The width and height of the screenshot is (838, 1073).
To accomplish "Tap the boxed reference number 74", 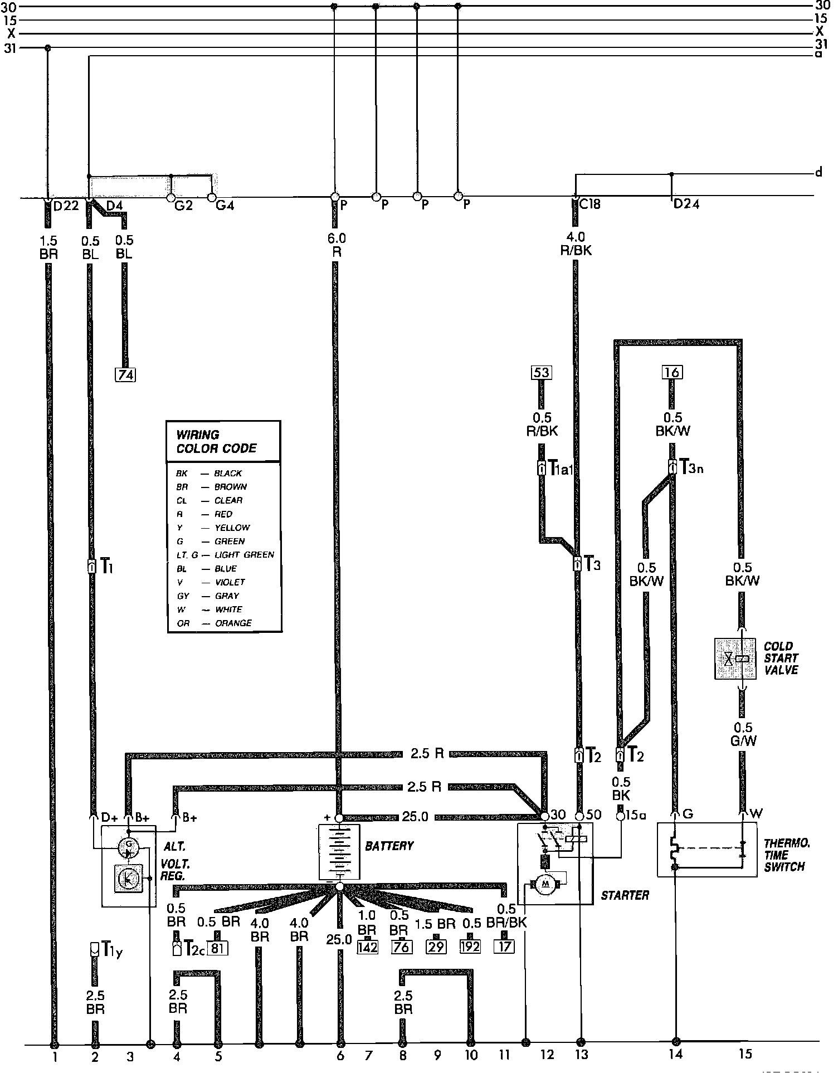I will [125, 375].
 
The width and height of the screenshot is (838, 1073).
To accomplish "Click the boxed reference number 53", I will [540, 372].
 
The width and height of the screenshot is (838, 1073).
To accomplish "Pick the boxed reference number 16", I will [673, 372].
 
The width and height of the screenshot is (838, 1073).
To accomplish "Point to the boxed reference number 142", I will [367, 947].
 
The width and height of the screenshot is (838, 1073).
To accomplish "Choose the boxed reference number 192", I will [470, 947].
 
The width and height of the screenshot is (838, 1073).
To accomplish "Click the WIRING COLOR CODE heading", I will [216, 441].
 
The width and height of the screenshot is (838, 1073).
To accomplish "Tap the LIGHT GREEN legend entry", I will [244, 555].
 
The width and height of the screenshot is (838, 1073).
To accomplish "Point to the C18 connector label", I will [589, 204].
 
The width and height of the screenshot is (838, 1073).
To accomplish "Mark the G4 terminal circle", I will [212, 197].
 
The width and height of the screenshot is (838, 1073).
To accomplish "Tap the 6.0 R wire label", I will [337, 245].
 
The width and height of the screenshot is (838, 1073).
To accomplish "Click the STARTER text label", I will [625, 895].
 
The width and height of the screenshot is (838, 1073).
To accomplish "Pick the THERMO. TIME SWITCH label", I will [786, 855].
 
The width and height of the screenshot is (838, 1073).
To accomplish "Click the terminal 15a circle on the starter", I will [621, 816].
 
